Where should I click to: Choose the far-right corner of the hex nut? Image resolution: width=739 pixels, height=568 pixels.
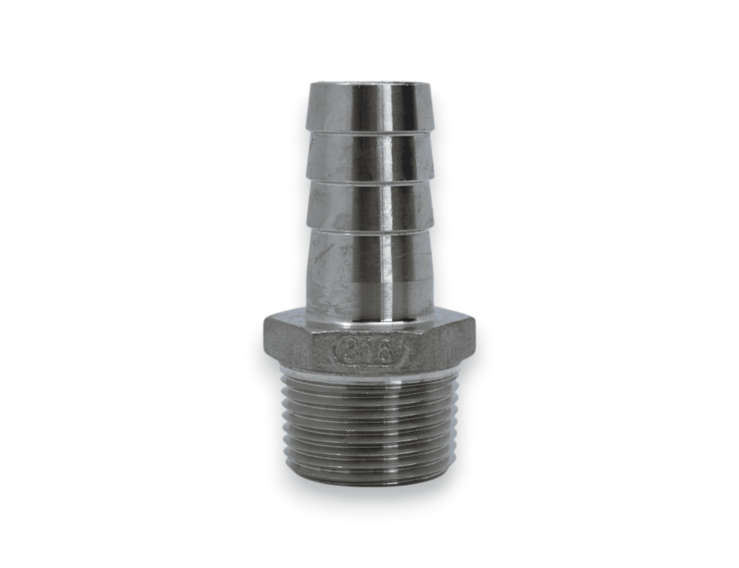click(x=475, y=340)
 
